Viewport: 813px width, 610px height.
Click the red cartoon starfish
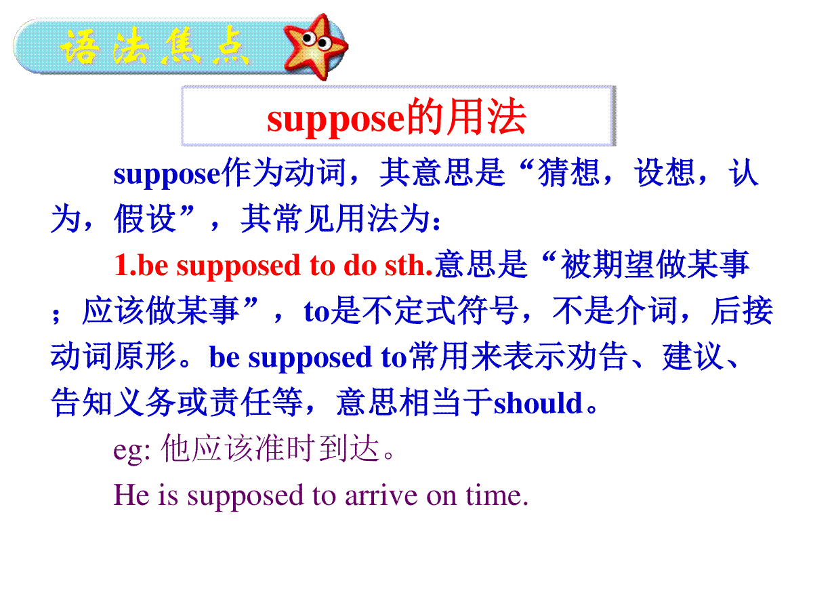pyautogui.click(x=315, y=46)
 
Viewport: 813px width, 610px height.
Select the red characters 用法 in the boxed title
pyautogui.click(x=486, y=117)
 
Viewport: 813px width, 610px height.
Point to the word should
pyautogui.click(x=539, y=404)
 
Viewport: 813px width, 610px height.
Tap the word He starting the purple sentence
pyautogui.click(x=131, y=495)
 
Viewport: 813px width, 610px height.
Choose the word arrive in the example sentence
pyautogui.click(x=381, y=495)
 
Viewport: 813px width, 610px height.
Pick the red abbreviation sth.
pyautogui.click(x=409, y=265)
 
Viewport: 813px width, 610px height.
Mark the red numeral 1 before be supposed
pyautogui.click(x=121, y=265)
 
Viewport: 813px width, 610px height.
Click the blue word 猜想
pyautogui.click(x=569, y=173)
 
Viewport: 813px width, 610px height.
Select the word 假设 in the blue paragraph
pyautogui.click(x=145, y=219)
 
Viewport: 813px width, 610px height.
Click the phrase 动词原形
pyautogui.click(x=113, y=357)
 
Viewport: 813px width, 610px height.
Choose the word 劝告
pyautogui.click(x=598, y=357)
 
